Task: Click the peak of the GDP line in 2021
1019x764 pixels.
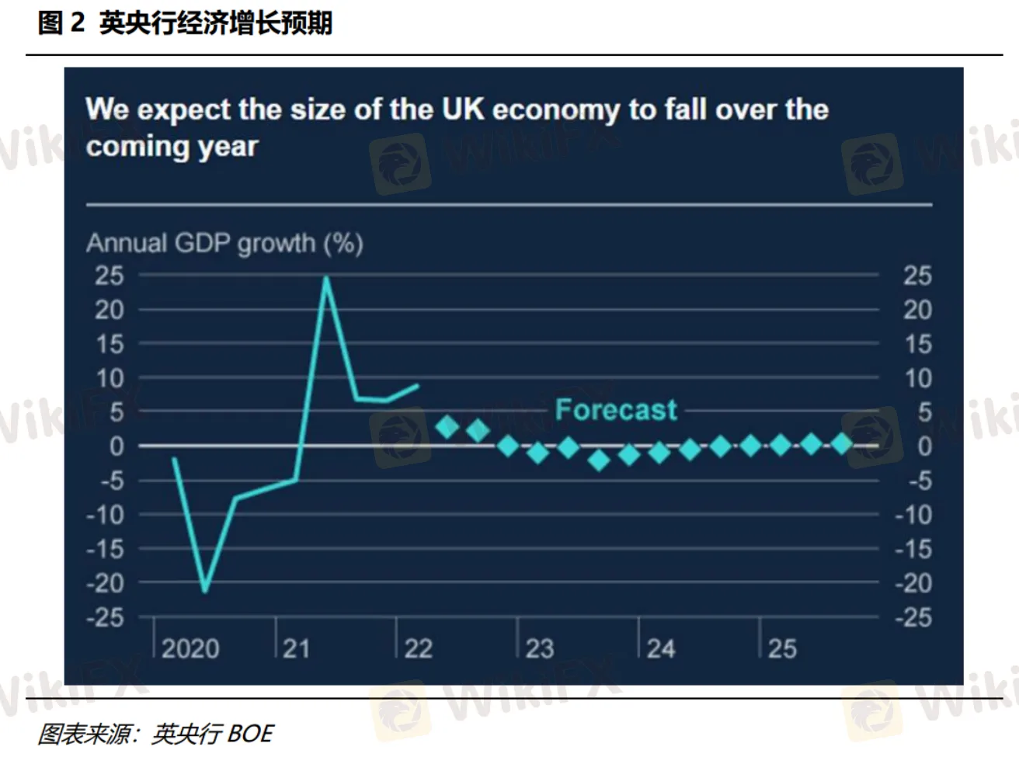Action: (x=326, y=278)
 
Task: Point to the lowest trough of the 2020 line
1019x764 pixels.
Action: (x=205, y=591)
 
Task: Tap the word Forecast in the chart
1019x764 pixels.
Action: (x=616, y=409)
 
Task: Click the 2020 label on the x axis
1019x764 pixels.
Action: (x=190, y=648)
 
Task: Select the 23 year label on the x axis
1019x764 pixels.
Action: (x=540, y=648)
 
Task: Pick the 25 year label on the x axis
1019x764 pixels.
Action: (x=782, y=648)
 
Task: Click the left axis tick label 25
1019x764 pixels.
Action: (x=110, y=276)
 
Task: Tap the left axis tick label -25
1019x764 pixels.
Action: (x=105, y=617)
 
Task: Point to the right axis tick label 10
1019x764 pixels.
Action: (x=917, y=378)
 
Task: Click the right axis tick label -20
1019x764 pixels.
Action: (x=913, y=582)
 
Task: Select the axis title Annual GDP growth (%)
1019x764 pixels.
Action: (x=224, y=243)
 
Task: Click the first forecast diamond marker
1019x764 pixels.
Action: (x=447, y=426)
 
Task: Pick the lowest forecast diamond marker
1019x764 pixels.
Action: (x=599, y=460)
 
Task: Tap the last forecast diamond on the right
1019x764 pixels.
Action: (x=842, y=443)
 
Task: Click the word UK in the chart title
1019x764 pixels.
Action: (x=463, y=109)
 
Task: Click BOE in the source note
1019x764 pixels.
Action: (x=251, y=734)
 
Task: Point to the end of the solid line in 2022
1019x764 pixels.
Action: (x=418, y=385)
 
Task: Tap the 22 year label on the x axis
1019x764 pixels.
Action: (x=418, y=648)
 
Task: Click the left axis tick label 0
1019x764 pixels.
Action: (x=117, y=446)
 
